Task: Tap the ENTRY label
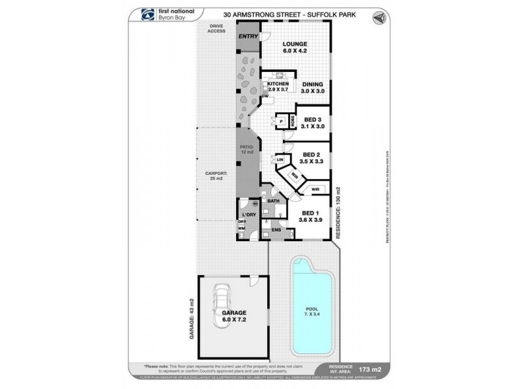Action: [x=247, y=37]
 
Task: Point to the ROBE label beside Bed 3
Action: [x=293, y=120]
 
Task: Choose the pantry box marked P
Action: [x=281, y=121]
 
